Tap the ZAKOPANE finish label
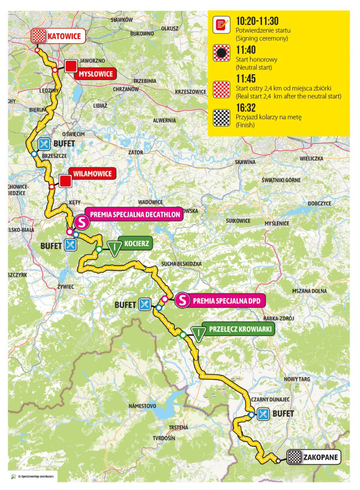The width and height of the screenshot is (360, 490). click(321, 457)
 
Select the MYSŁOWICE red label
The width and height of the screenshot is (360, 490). click(96, 74)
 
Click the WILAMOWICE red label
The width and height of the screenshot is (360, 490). click(92, 174)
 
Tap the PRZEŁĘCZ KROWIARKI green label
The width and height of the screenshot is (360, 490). click(240, 329)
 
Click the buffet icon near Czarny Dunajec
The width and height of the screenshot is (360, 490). click(263, 414)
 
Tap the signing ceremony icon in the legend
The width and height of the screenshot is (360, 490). click(221, 25)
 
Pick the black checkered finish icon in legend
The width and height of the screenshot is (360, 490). click(221, 118)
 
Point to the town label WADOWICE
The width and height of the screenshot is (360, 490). click(150, 202)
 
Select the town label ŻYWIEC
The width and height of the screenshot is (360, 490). click(66, 287)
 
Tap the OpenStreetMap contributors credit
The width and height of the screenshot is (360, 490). click(36, 476)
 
